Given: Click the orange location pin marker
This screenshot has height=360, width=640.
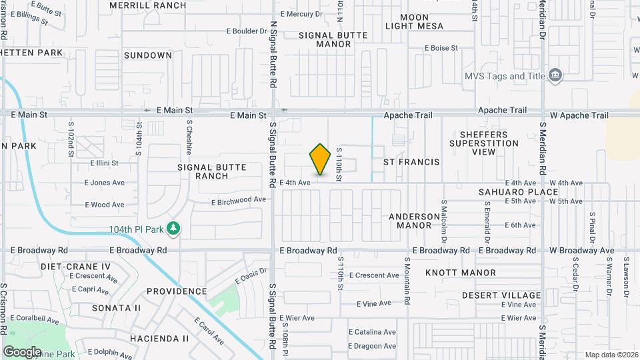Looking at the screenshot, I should tap(321, 159).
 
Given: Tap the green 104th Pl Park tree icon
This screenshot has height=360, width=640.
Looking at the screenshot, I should tap(174, 229).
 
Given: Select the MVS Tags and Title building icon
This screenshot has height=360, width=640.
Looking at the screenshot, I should tap(555, 75).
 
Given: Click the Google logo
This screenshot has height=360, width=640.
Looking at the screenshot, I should tap(22, 351).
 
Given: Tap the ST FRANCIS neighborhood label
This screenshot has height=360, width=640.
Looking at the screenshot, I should tap(411, 162).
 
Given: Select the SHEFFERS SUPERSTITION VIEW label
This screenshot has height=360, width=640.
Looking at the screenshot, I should tap(483, 143).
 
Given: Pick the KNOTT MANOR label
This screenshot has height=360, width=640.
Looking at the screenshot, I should tap(461, 273).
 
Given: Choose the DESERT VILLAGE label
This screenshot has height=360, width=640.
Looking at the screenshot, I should tap(502, 295).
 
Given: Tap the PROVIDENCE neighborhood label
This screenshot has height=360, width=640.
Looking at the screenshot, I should tap(177, 291).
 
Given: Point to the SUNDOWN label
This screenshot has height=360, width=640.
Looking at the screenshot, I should tap(148, 55).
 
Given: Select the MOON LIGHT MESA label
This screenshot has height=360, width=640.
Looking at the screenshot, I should tap(415, 22).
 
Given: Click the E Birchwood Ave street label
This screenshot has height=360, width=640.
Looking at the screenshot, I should tap(239, 200).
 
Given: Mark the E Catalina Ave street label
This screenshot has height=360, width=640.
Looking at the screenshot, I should tap(372, 332).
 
